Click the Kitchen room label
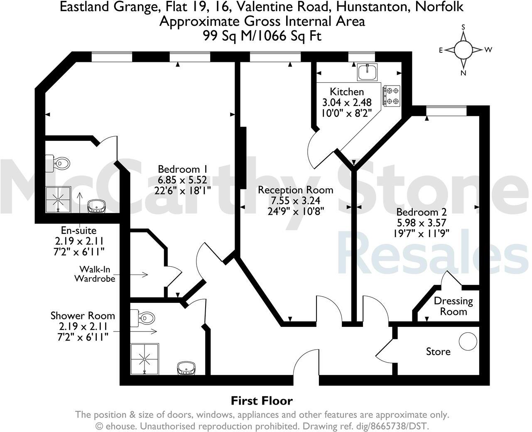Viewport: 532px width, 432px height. pos(347,92)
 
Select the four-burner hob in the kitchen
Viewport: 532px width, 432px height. pos(391,96)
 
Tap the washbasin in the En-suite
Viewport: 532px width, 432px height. pos(97,205)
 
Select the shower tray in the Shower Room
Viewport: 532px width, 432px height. pos(145,357)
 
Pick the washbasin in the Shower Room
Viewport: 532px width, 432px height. pos(186,368)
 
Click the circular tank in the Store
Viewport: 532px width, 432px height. pos(468,341)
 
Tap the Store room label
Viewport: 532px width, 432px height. pos(438,352)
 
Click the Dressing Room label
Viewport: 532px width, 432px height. pos(453,306)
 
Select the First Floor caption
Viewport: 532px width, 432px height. pos(262,401)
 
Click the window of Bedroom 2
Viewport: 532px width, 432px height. pos(446,110)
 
